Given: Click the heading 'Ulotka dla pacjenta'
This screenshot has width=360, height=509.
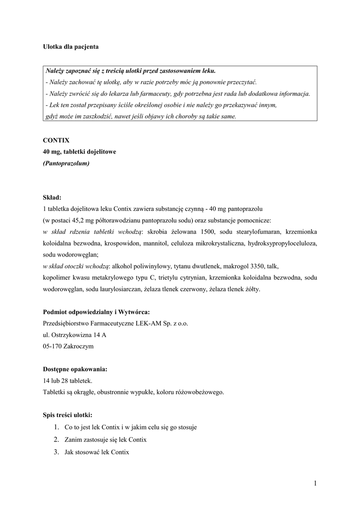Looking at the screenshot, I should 71,47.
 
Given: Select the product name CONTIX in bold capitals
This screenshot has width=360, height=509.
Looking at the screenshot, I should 56,140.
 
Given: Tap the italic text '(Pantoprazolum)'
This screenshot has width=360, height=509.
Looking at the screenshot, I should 66,163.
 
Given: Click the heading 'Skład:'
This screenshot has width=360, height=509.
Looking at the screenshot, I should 52,197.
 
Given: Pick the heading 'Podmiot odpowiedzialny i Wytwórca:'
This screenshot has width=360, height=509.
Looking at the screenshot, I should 96,312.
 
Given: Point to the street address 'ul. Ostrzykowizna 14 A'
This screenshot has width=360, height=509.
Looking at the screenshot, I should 75,335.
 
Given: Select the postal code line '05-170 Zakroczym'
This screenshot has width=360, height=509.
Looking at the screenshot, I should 68,346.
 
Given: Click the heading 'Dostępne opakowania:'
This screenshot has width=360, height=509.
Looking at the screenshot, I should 75,369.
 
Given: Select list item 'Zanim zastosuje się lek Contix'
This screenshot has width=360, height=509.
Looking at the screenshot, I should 105,439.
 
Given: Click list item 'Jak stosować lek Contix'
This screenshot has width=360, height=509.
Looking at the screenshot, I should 96,452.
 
